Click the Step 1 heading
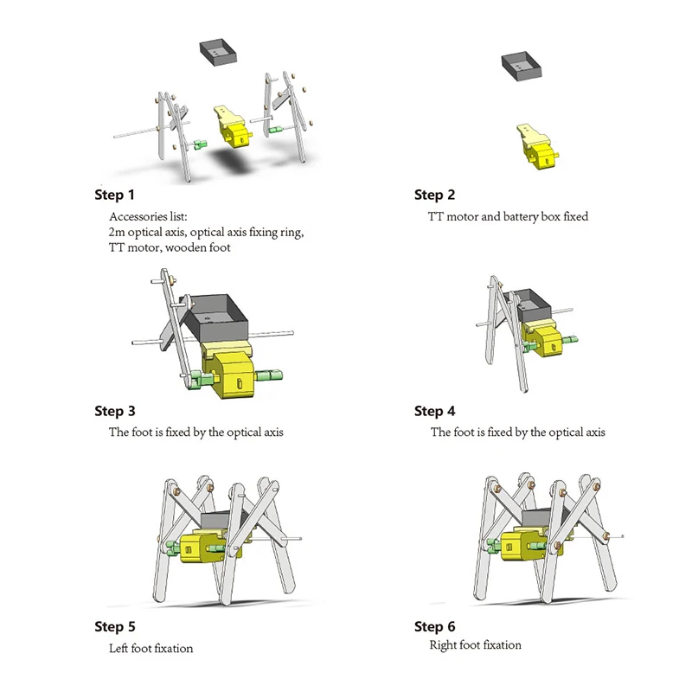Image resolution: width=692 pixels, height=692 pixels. coord(114,195)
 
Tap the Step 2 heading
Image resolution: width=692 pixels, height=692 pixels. coord(434,195)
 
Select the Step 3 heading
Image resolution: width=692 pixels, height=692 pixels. coord(115,412)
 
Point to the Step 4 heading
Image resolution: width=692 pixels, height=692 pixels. coord(434,412)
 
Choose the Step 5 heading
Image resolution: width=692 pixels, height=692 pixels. coord(115,626)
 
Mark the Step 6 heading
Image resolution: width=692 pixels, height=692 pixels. coord(434,626)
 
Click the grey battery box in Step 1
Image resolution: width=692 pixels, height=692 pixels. coord(218,52)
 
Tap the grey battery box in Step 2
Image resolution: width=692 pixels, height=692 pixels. coord(522,66)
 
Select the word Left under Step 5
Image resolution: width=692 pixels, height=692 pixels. coord(119,648)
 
